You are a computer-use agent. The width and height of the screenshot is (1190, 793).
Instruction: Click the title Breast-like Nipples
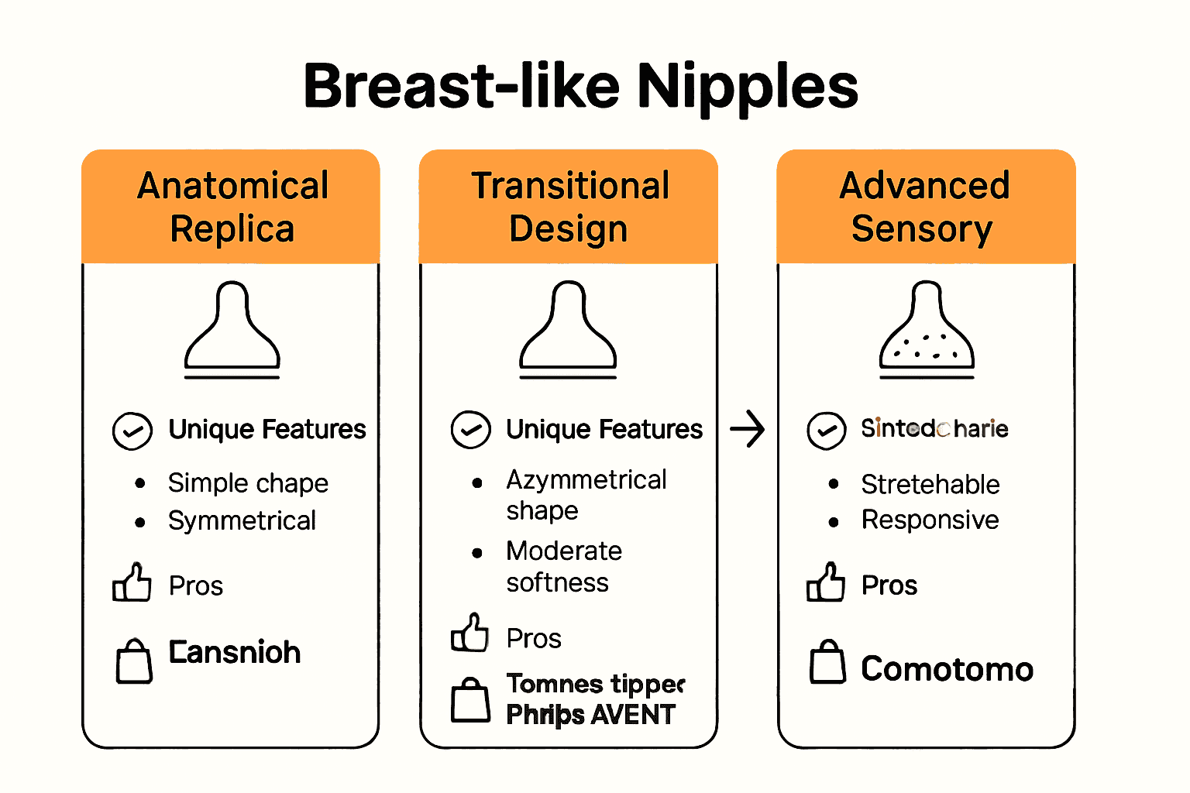tap(581, 85)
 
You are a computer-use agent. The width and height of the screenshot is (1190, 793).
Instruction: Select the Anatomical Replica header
tap(232, 207)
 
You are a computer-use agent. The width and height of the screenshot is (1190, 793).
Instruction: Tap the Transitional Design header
tap(569, 207)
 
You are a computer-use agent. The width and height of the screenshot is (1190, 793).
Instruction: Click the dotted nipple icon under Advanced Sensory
tap(927, 329)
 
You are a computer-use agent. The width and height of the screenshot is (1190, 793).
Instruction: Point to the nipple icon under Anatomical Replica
tap(232, 329)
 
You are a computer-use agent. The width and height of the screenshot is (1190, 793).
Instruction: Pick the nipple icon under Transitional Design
tap(568, 329)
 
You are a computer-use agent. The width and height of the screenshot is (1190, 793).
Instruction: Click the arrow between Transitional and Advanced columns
tap(748, 429)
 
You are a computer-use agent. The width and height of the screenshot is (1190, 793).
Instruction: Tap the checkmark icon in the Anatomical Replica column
tap(132, 431)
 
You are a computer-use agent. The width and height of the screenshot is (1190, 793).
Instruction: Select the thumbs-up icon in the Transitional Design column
tap(470, 633)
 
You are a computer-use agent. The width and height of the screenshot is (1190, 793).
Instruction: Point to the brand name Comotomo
tap(947, 668)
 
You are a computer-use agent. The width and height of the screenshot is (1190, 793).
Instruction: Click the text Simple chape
tap(248, 483)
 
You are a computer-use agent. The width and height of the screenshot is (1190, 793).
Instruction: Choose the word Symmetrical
tap(242, 520)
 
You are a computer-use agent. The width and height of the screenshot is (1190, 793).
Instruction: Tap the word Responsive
tap(930, 520)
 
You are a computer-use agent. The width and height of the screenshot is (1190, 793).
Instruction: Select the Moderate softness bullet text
tap(563, 566)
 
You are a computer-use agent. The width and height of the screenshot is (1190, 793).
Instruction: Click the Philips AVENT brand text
tap(590, 714)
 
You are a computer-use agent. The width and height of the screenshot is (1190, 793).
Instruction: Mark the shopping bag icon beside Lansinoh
tap(134, 661)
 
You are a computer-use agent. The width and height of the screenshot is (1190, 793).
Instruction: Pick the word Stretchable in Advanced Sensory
tap(930, 484)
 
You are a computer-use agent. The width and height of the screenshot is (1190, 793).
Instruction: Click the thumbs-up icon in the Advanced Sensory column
tap(825, 582)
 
